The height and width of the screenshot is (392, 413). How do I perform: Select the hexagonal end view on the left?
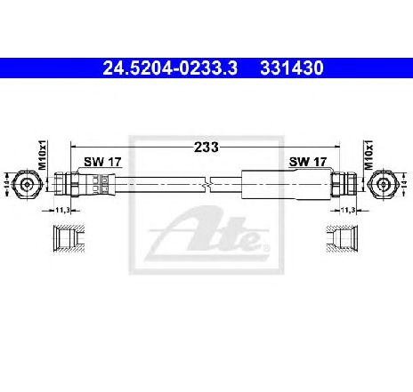29,183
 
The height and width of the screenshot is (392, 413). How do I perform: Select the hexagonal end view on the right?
383,183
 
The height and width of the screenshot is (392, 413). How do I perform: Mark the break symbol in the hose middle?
206,184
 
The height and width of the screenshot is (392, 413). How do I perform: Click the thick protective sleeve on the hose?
285,184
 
